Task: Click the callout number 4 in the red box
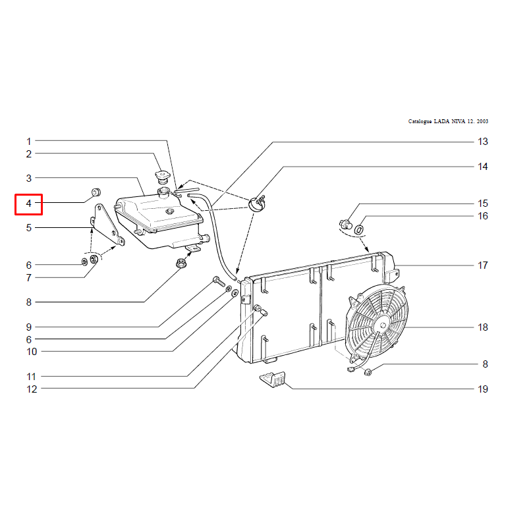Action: (x=28, y=204)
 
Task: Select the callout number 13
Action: (x=483, y=142)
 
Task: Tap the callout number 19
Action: (x=483, y=389)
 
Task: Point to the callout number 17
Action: (x=483, y=265)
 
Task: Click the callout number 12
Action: (x=32, y=389)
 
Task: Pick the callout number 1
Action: (x=29, y=142)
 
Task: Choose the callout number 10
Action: (x=32, y=352)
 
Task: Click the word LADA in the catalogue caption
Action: (x=441, y=121)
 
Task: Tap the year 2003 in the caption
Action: (x=482, y=121)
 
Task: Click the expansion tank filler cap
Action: (x=163, y=177)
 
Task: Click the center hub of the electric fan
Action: (x=383, y=325)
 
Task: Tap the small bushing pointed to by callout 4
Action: (x=96, y=192)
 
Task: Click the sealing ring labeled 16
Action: (x=359, y=230)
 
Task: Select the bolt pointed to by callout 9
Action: (x=219, y=281)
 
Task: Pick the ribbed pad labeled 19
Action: (x=273, y=380)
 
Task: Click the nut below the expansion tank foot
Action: (x=181, y=262)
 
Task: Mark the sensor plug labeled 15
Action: (x=345, y=224)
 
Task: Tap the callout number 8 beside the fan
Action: (x=485, y=364)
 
